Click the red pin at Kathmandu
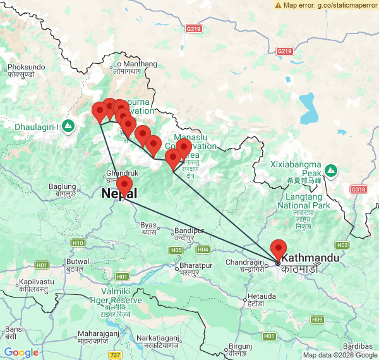click(278, 249)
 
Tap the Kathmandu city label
click(310, 259)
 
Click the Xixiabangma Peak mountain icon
click(332, 170)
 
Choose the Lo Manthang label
click(134, 64)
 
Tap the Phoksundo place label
click(26, 66)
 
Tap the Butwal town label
click(78, 261)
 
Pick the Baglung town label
click(63, 187)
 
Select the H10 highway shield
click(78, 243)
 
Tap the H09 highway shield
click(317, 320)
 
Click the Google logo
click(21, 352)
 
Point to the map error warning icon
click(279, 4)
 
